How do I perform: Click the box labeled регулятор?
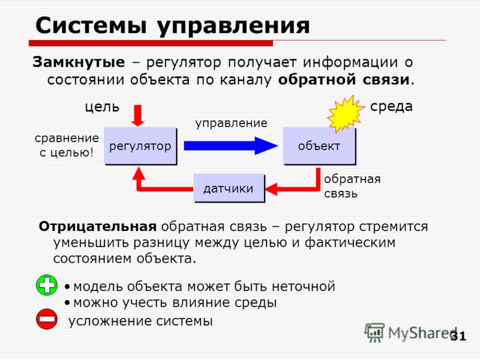coord(140,146)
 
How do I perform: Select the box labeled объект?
coord(319,146)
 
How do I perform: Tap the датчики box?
coord(229,188)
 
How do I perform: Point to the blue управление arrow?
coord(230,146)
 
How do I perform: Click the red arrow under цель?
coord(138,116)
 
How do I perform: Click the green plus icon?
coord(47,285)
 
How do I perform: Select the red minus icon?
coord(47,319)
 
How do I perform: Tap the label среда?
coord(391,107)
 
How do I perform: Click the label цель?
coord(102,107)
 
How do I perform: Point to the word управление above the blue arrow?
coord(232,124)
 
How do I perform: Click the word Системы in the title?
coord(91,25)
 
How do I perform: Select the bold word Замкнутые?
coord(79,62)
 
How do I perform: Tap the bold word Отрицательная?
coord(98,227)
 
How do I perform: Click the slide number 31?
coord(458,336)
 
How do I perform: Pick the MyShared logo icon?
coord(374,332)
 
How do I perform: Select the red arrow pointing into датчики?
coord(293,182)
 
